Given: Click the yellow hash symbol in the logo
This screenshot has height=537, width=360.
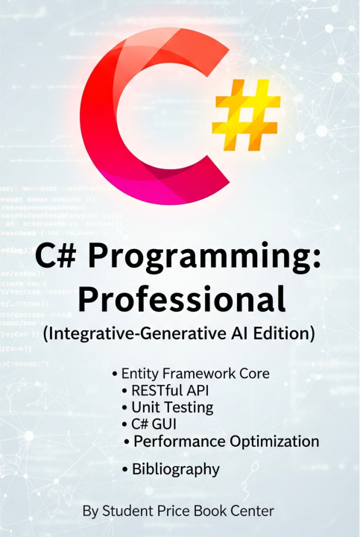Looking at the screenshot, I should point(246,113).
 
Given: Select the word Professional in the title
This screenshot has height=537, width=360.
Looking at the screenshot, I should point(182,299).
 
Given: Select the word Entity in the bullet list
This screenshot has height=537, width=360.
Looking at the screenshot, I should point(141,371).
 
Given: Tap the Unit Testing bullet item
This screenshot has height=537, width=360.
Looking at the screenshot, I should point(172,407).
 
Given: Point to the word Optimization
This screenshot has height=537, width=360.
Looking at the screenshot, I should point(271,442).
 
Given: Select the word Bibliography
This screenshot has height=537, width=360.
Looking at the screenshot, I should point(176,469).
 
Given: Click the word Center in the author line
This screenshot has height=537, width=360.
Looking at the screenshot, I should point(252,512).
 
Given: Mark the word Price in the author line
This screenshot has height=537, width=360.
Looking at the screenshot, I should point(172,512).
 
